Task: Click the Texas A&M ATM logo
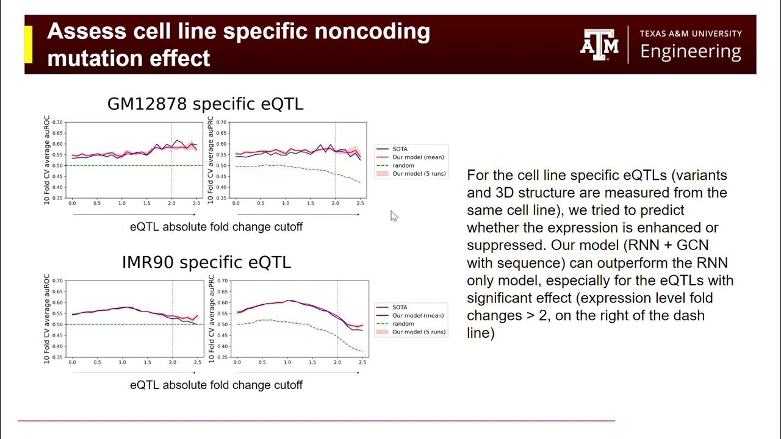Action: coord(599,45)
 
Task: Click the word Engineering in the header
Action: coord(691,52)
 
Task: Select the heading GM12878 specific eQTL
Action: coord(205,104)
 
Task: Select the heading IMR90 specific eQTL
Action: coord(206,263)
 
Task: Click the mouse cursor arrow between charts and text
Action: coord(394,216)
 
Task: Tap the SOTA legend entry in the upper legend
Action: coord(401,149)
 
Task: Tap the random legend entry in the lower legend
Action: coord(403,324)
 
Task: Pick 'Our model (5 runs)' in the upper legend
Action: coord(419,174)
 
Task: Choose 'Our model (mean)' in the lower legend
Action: coord(418,316)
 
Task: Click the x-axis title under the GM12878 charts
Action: coord(216,227)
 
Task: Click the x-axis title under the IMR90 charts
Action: coord(216,385)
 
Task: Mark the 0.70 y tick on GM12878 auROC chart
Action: coord(57,122)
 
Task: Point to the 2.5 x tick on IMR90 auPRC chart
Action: coord(362,363)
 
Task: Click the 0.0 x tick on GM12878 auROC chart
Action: coord(72,203)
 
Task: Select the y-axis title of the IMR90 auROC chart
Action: coord(47,319)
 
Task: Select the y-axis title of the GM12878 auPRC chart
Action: coord(211,160)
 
